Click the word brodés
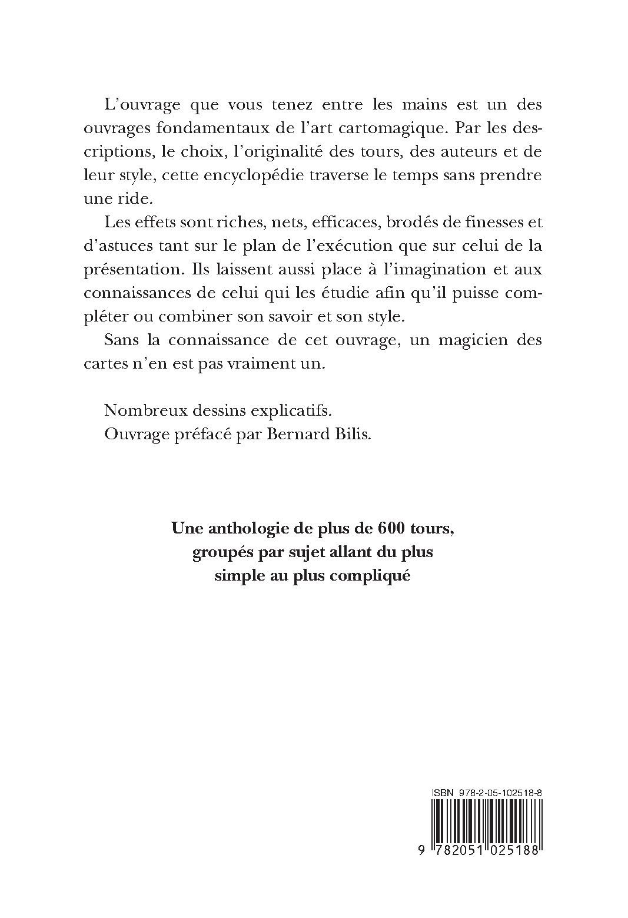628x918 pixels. (x=410, y=223)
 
